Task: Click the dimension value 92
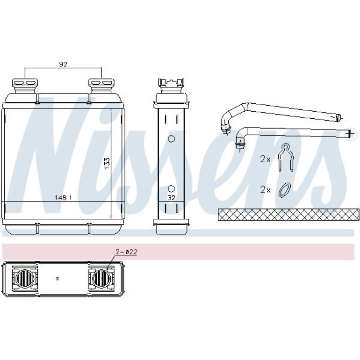pos(63,65)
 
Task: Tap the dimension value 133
pos(107,164)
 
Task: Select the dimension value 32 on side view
pos(171,198)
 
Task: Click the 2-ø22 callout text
pos(127,252)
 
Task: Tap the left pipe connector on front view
pos(25,86)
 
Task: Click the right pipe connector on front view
pos(101,86)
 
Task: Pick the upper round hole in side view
pos(171,138)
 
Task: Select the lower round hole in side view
pos(171,188)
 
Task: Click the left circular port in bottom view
pos(25,279)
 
